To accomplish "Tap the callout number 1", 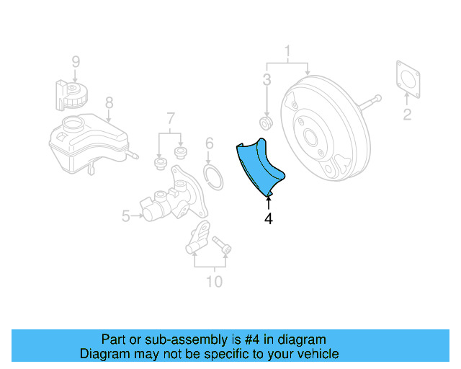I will coord(287,51).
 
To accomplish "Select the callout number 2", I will coord(407,115).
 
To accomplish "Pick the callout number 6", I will coord(209,143).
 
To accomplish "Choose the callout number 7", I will coord(171,119).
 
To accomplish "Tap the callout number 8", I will coord(109,102).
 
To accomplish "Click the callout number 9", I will coord(76,62).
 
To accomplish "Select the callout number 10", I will coord(214,281).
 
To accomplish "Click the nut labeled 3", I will coord(265,125).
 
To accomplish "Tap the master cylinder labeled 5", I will coord(169,202).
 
